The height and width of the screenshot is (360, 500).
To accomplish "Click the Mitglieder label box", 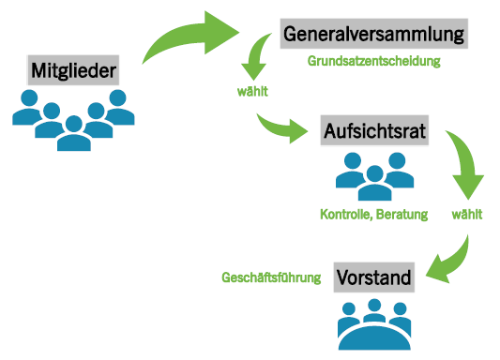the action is [73, 70].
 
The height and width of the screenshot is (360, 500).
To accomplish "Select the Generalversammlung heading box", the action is [373, 34].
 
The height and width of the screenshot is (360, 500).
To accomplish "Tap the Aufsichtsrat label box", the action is [374, 130].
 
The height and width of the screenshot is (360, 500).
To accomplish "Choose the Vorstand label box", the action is [374, 277].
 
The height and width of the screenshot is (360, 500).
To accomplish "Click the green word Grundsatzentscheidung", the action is [373, 61].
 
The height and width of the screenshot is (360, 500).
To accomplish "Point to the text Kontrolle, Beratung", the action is [373, 215].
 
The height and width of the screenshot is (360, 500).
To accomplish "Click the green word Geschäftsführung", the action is [271, 277].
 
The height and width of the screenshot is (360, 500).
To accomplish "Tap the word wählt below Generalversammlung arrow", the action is [252, 92].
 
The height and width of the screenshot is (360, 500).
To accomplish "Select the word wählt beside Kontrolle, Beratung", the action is [467, 214].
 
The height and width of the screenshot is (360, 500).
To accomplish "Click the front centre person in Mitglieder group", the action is [74, 133].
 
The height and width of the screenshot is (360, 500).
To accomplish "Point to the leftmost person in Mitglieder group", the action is [26, 108].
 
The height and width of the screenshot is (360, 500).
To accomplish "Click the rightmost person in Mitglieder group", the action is [120, 108].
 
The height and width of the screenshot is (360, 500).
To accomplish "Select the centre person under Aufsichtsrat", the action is [374, 183].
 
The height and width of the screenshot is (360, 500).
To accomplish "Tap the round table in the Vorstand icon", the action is [374, 338].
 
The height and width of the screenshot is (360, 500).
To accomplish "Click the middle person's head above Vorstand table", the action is [374, 306].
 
